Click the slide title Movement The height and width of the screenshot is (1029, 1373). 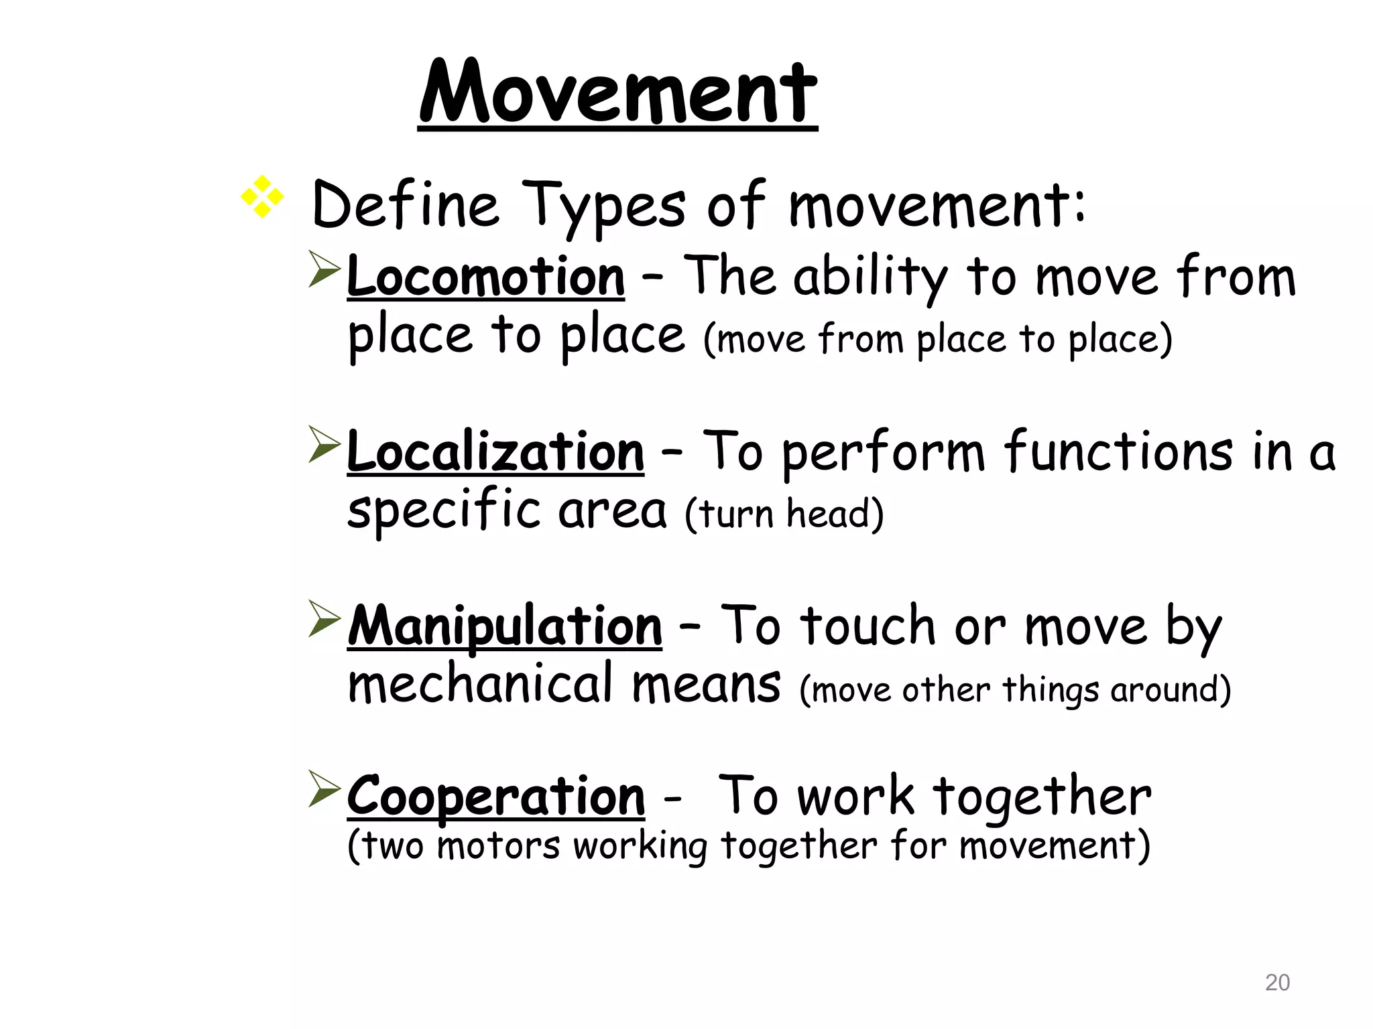coord(617,92)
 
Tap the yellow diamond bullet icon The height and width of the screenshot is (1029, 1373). coord(262,197)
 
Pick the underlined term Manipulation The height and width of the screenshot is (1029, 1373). coord(504,626)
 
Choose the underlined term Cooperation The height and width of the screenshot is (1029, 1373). coord(495,797)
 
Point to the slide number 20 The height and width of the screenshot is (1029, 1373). coord(1276,983)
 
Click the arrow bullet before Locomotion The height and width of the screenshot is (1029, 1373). coord(324,269)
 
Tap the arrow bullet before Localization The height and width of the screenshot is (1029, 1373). coord(324,445)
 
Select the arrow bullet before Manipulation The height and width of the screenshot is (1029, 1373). coord(324,619)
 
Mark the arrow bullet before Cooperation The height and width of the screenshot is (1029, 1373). coord(324,789)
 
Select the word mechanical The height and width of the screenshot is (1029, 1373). coord(480,684)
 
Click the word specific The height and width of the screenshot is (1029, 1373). coord(443,510)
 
